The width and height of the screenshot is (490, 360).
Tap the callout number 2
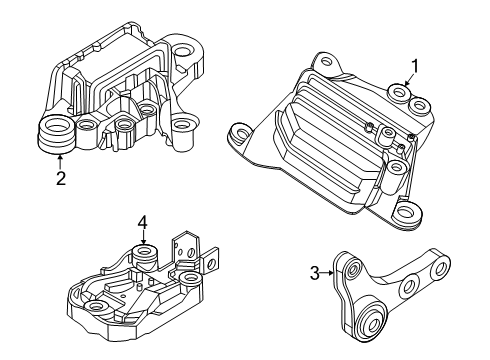61,181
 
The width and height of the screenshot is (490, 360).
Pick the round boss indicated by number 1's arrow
400,96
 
